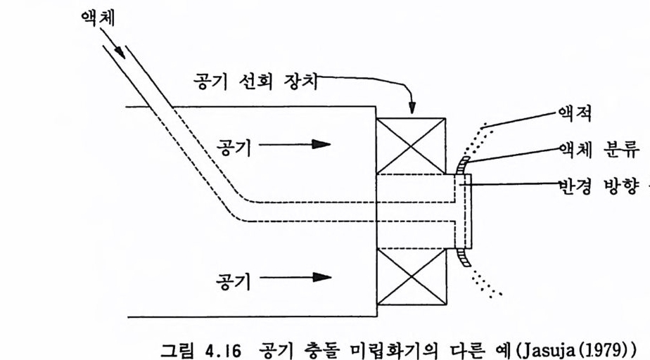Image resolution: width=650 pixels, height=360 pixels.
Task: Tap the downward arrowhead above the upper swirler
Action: point(412,108)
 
